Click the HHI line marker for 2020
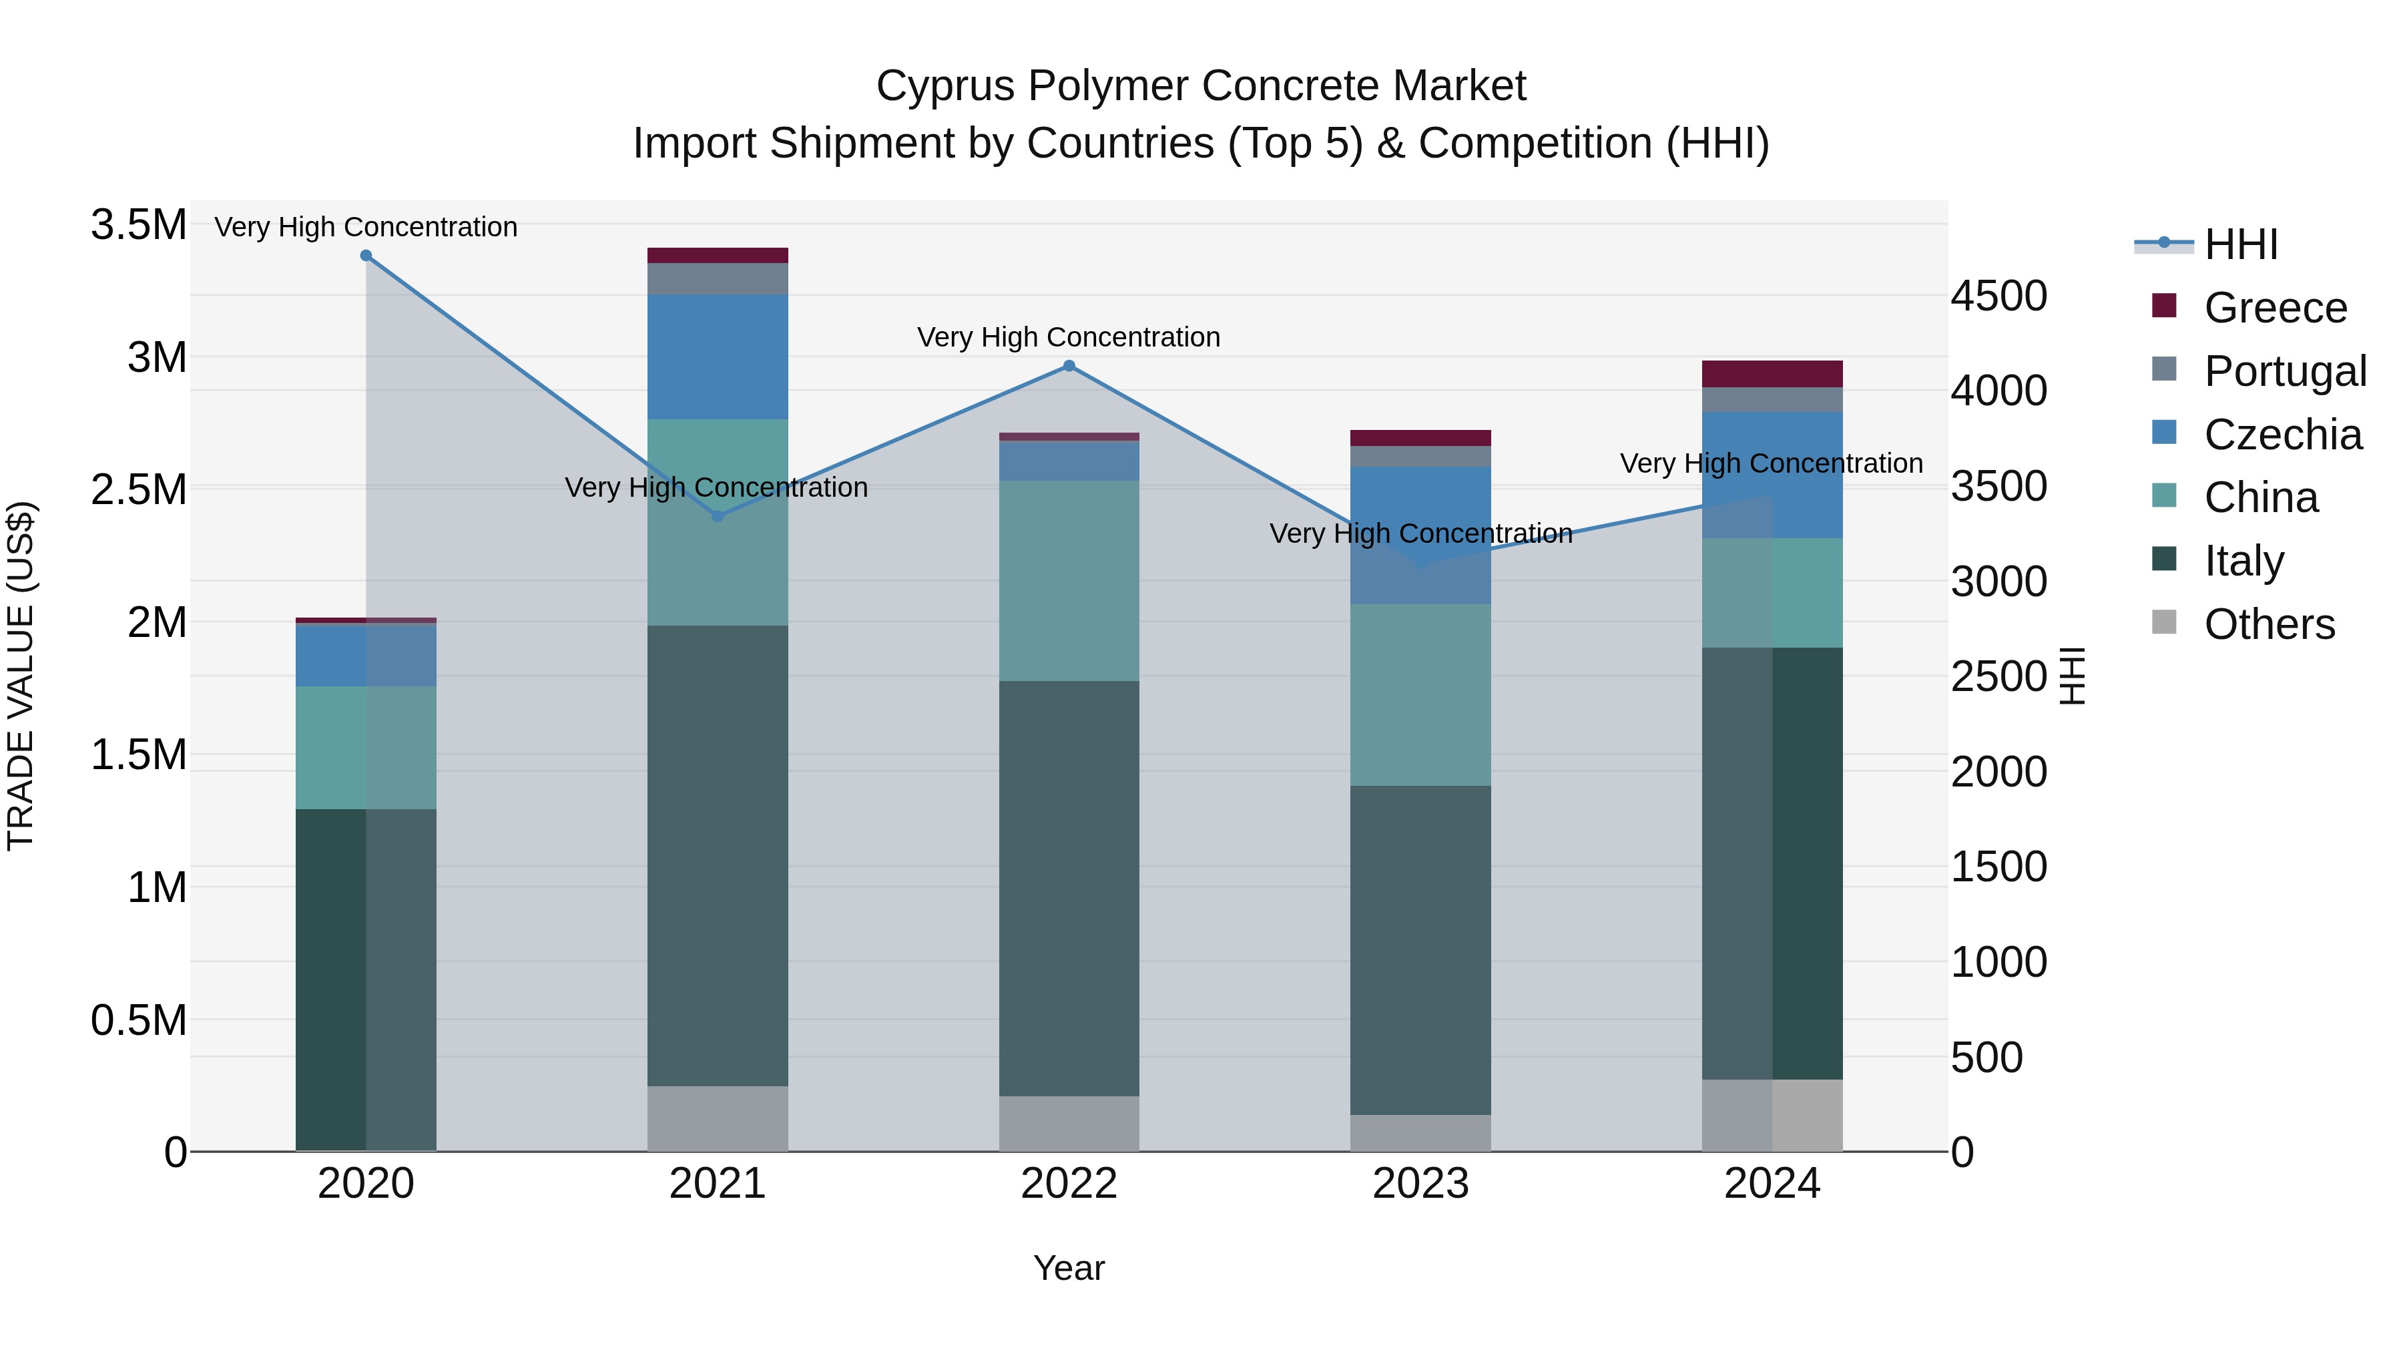(x=366, y=256)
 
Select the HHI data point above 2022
(x=1069, y=366)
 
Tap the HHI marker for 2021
(x=718, y=516)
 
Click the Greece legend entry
(x=2274, y=308)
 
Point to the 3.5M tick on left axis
(x=138, y=225)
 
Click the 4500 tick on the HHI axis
(x=1998, y=296)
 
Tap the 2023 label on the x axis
(x=1420, y=1184)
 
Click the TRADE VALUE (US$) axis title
(x=21, y=676)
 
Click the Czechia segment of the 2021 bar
(x=718, y=357)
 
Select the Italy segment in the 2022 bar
(x=1069, y=887)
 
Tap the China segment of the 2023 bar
(x=1420, y=694)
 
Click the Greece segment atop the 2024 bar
(x=1772, y=373)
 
